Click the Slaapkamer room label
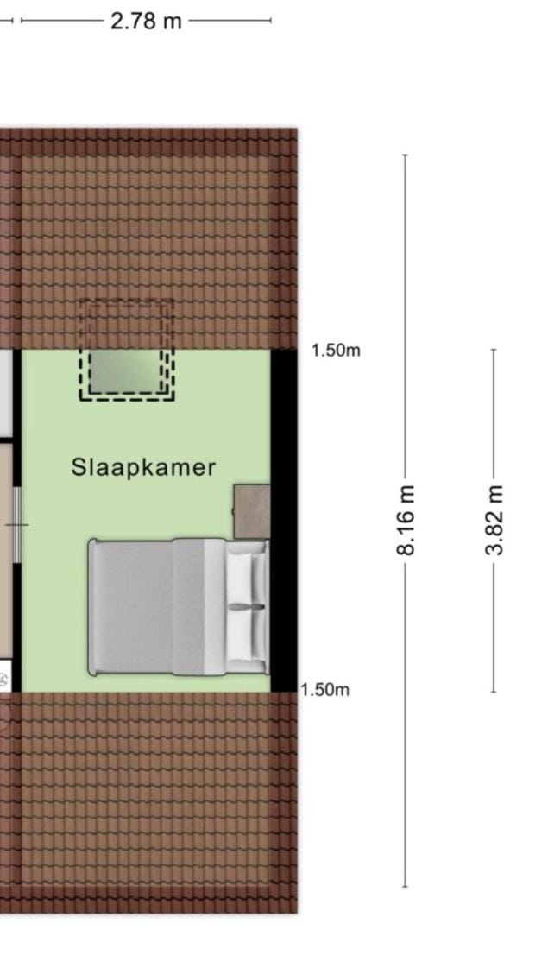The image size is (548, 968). [143, 467]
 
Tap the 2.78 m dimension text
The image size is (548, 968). [146, 21]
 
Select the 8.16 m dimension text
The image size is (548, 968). [406, 520]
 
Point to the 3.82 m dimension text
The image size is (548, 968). [494, 520]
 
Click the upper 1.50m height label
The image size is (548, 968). [336, 351]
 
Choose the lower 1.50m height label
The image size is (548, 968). [324, 690]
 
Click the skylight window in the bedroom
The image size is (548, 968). [127, 371]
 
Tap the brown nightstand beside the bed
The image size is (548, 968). [252, 511]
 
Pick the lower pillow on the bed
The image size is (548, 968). [246, 636]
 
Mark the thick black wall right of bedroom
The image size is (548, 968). [284, 521]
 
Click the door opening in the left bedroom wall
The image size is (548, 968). [17, 525]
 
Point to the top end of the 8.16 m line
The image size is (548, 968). [405, 155]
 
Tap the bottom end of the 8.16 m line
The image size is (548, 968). [405, 887]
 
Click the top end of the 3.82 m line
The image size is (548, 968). [494, 350]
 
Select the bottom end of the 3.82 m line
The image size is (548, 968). [494, 692]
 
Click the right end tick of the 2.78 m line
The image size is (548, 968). [270, 21]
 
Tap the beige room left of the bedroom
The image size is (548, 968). [6, 549]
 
